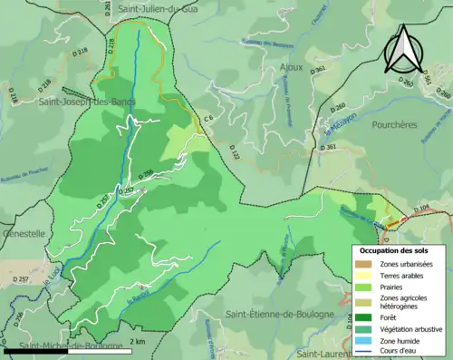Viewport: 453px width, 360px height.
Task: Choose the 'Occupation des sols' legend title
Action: tap(395, 249)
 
